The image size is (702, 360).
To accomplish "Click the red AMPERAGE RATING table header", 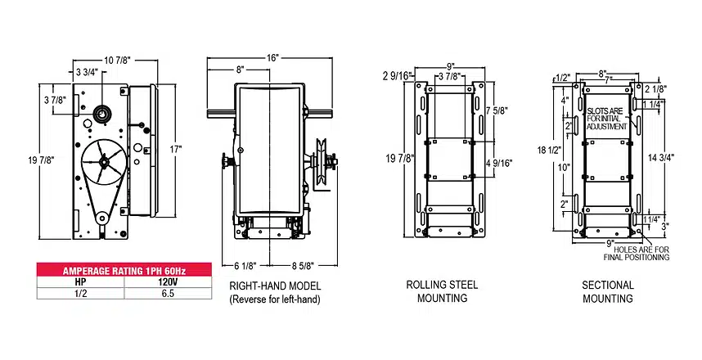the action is [x=124, y=271].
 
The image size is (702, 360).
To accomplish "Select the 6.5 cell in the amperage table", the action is [x=168, y=294].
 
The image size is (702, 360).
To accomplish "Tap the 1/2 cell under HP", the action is [x=80, y=294].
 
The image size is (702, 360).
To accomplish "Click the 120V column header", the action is [x=168, y=282].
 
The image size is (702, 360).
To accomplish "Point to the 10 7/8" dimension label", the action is [x=117, y=61].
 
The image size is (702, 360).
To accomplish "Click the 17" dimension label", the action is [x=176, y=149].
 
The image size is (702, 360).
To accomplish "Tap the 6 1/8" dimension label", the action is [x=245, y=266].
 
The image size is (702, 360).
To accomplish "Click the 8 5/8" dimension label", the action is [x=304, y=266].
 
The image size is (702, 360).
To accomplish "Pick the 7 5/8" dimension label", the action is [x=497, y=110].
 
